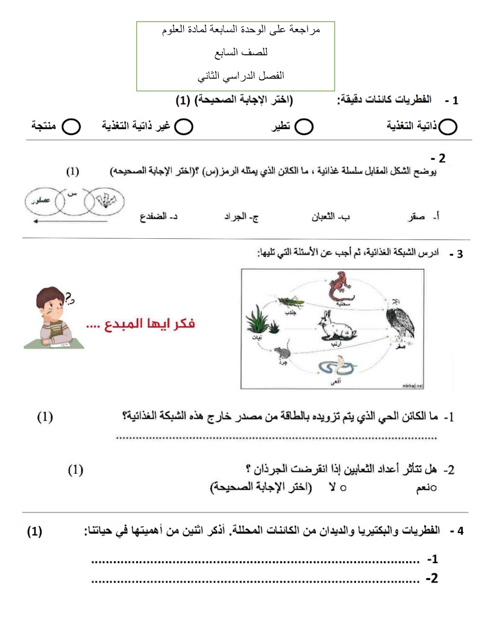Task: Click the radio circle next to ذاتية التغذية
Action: point(448,127)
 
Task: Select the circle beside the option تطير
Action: point(304,127)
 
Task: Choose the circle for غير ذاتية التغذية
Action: point(184,127)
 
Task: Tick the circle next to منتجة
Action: point(72,127)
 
